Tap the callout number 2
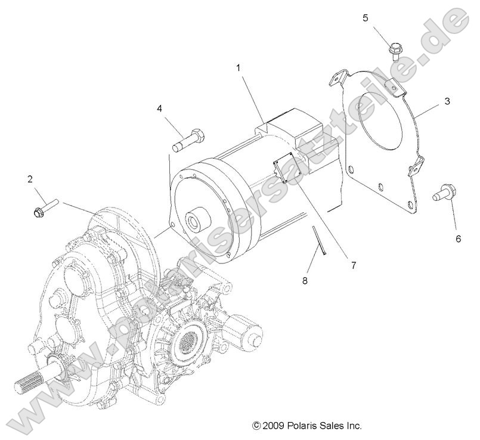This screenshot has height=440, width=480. (x=29, y=178)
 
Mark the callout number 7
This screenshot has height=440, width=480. (x=353, y=265)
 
